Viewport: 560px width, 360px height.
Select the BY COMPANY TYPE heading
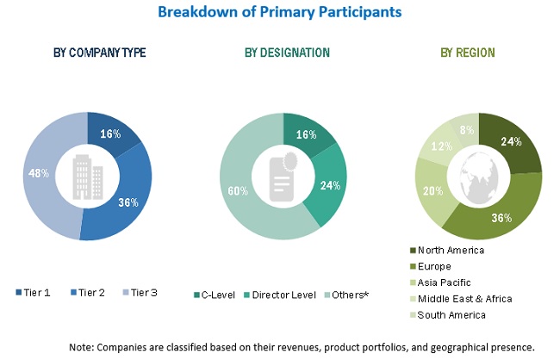pyautogui.click(x=99, y=53)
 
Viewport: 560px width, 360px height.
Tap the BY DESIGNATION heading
pyautogui.click(x=287, y=53)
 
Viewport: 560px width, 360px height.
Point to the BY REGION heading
pyautogui.click(x=468, y=53)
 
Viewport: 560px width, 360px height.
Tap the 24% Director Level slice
pyautogui.click(x=328, y=184)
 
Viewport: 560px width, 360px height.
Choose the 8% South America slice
pyautogui.click(x=466, y=131)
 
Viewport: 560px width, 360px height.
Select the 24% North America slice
pyautogui.click(x=510, y=142)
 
